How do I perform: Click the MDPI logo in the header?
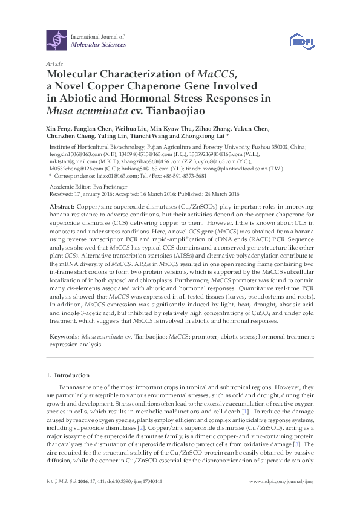[299, 41]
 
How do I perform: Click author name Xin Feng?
[57, 129]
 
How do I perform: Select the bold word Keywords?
[65, 335]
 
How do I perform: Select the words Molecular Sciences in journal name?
[99, 45]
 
